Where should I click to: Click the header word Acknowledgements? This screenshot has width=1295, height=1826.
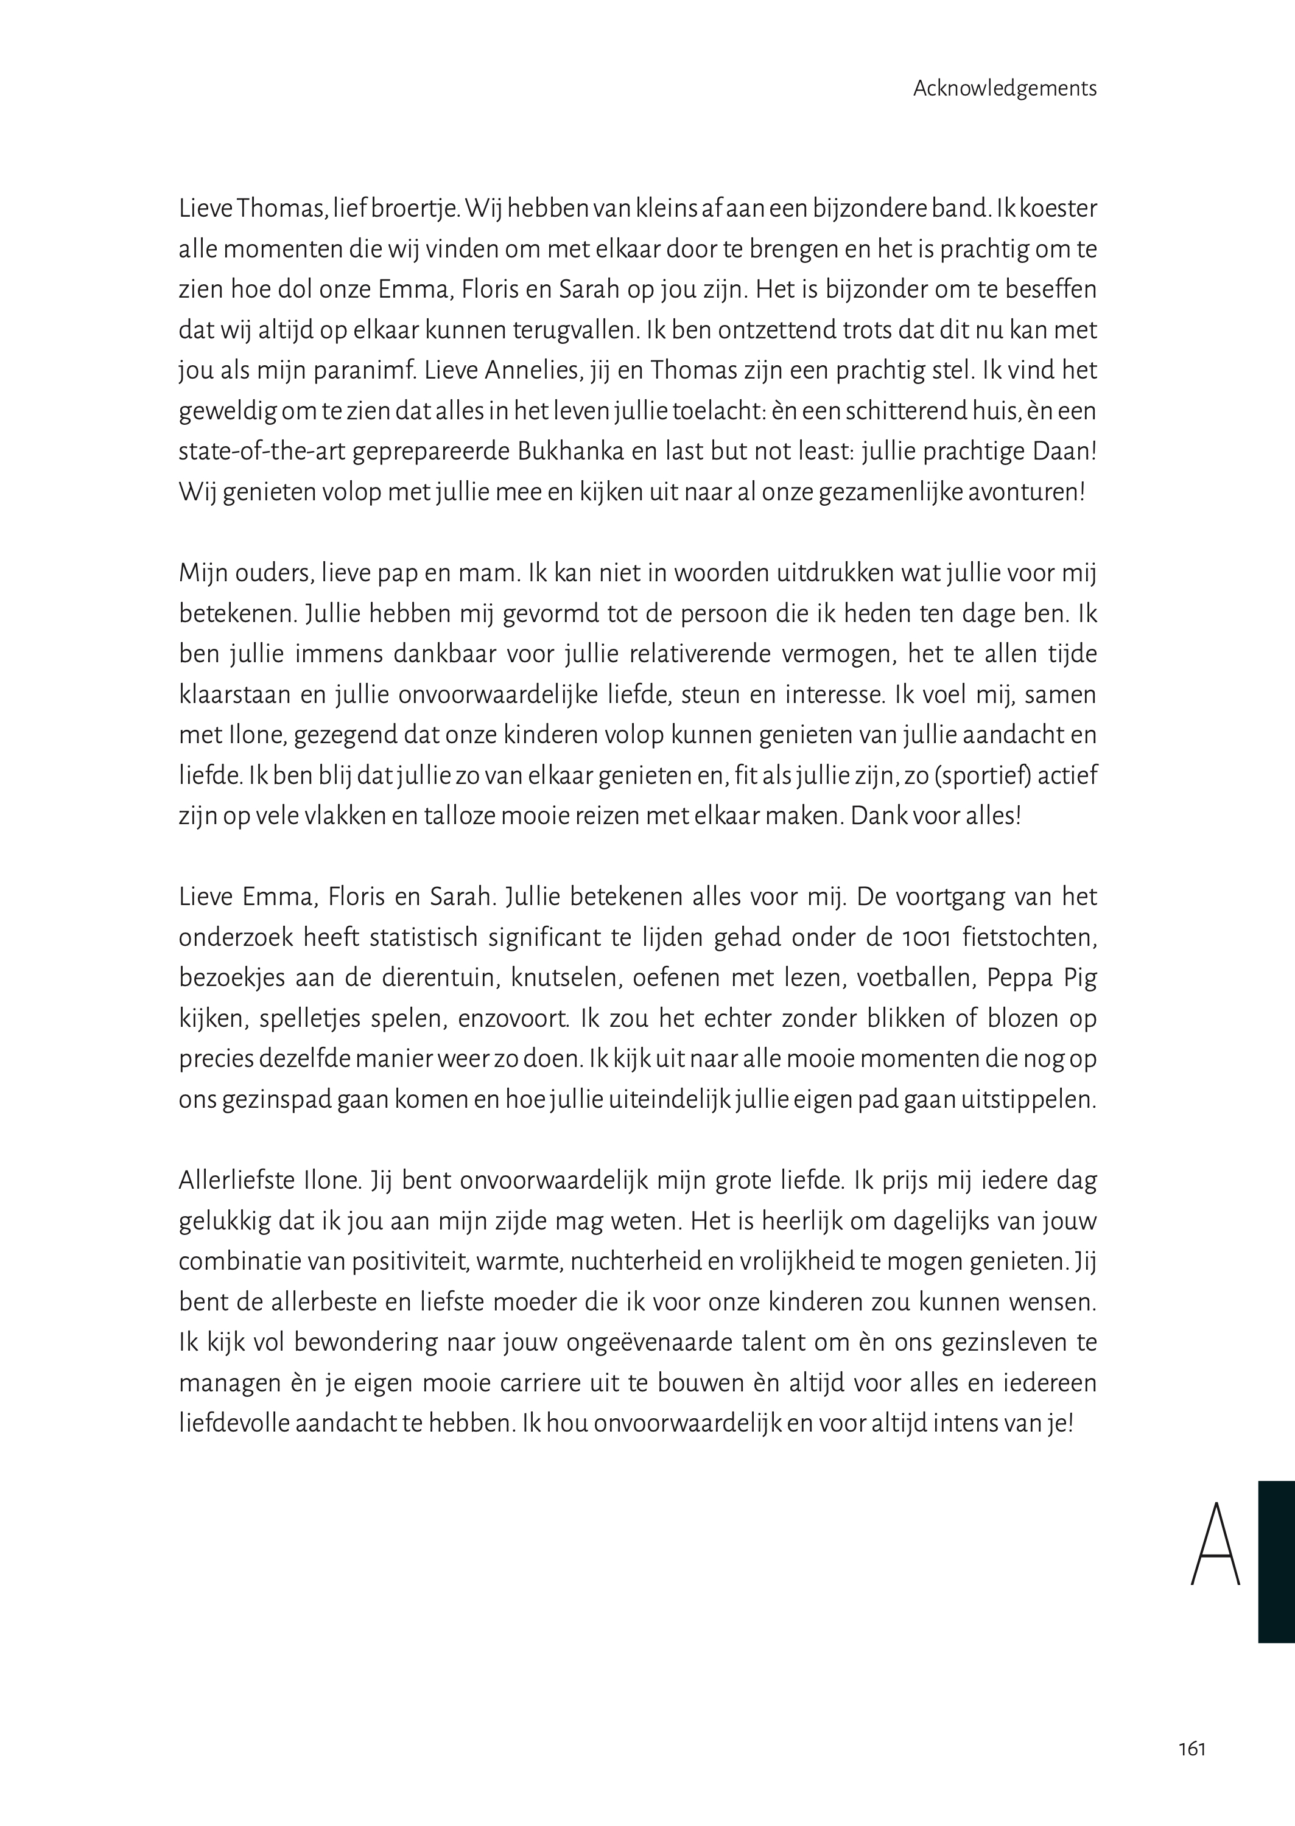pyautogui.click(x=1005, y=88)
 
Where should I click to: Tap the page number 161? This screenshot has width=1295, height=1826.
pyautogui.click(x=1191, y=1749)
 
